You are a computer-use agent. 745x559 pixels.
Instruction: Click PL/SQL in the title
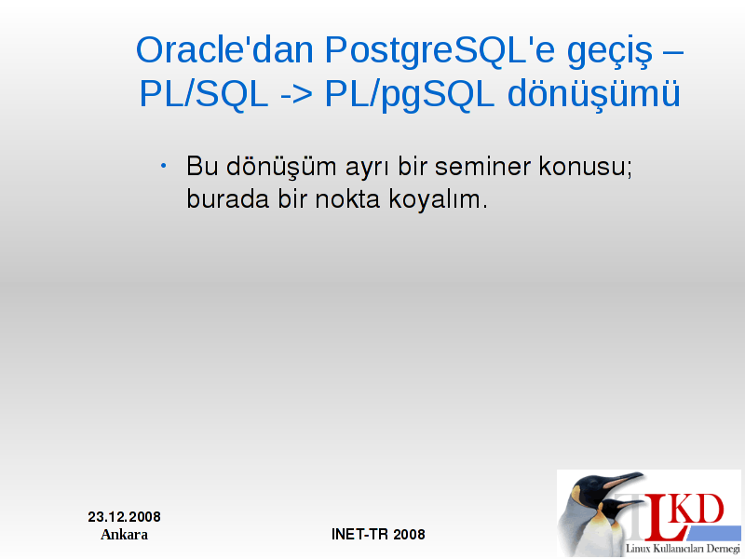pyautogui.click(x=204, y=93)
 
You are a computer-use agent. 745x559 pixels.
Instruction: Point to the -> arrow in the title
pyautogui.click(x=296, y=95)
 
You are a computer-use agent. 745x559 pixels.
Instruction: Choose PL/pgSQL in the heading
pyautogui.click(x=410, y=96)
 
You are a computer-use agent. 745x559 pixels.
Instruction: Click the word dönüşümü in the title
pyautogui.click(x=594, y=95)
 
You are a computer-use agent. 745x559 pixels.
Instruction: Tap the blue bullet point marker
pyautogui.click(x=164, y=166)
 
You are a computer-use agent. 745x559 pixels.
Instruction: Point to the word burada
pyautogui.click(x=227, y=198)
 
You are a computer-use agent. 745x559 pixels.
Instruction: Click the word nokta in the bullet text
pyautogui.click(x=347, y=198)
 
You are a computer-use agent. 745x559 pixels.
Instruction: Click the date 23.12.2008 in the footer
pyautogui.click(x=125, y=517)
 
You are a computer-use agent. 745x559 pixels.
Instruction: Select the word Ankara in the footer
pyautogui.click(x=124, y=535)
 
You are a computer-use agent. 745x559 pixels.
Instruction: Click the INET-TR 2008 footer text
pyautogui.click(x=378, y=534)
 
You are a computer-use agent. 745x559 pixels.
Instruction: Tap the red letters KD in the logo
pyautogui.click(x=698, y=509)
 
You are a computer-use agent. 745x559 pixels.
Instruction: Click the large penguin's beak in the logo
pyautogui.click(x=623, y=480)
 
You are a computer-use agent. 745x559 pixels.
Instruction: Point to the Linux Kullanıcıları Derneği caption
pyautogui.click(x=683, y=549)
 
